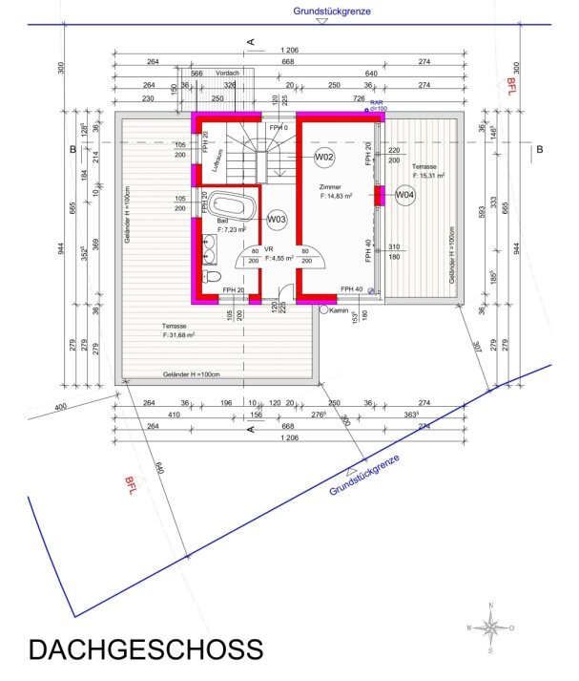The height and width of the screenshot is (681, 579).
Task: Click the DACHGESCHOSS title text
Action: click(x=145, y=649)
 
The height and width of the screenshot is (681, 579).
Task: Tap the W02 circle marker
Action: click(x=324, y=156)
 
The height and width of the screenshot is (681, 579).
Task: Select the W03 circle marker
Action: click(x=277, y=221)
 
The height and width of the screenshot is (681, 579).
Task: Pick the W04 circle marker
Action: click(x=405, y=195)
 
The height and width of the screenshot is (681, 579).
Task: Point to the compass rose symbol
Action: click(x=490, y=628)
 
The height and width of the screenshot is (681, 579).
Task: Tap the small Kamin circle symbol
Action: click(x=324, y=310)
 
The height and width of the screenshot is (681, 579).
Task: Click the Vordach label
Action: click(x=228, y=73)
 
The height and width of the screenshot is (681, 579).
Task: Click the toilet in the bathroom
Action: click(x=212, y=277)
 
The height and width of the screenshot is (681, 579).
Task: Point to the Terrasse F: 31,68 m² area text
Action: click(x=178, y=330)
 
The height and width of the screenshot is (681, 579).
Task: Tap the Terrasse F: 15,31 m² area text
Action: click(x=428, y=172)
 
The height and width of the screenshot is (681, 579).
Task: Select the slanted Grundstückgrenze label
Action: click(x=364, y=474)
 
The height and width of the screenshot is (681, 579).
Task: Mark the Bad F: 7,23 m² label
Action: click(x=230, y=225)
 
